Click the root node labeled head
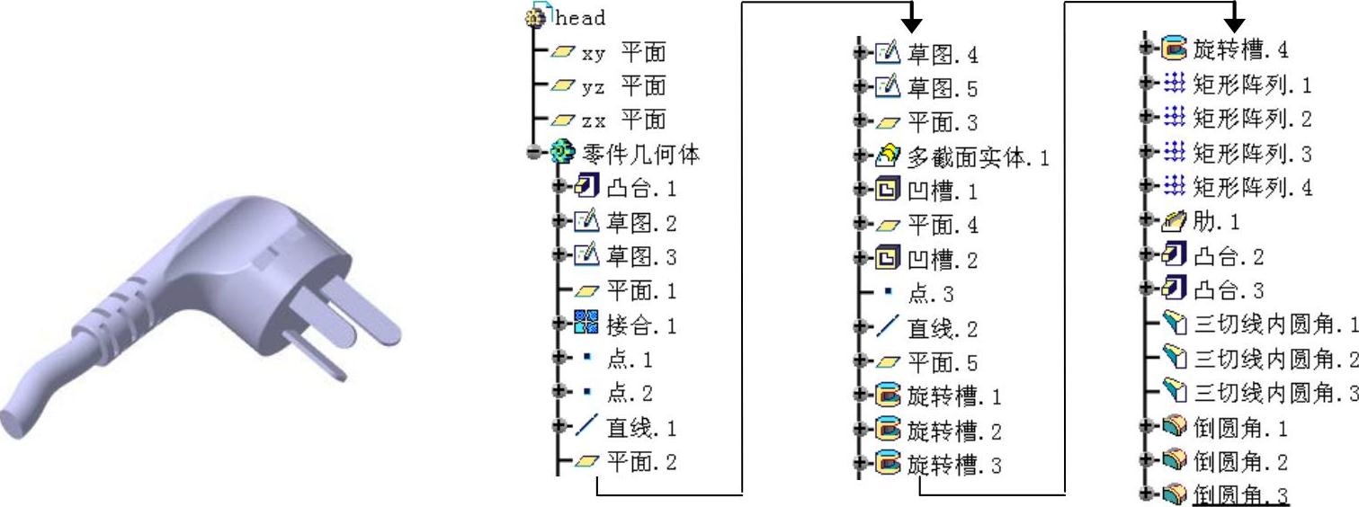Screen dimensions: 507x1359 [x=580, y=17]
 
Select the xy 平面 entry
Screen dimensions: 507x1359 [x=623, y=52]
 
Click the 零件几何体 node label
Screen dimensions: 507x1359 [x=641, y=154]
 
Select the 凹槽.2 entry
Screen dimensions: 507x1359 [x=942, y=260]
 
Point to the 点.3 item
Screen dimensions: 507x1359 [x=930, y=294]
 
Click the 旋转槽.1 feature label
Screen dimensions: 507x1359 [x=953, y=396]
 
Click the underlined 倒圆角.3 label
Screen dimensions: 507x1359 [x=1240, y=495]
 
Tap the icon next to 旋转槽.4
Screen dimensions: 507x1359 [x=1173, y=48]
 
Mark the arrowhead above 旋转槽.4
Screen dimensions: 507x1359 [x=1234, y=18]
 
